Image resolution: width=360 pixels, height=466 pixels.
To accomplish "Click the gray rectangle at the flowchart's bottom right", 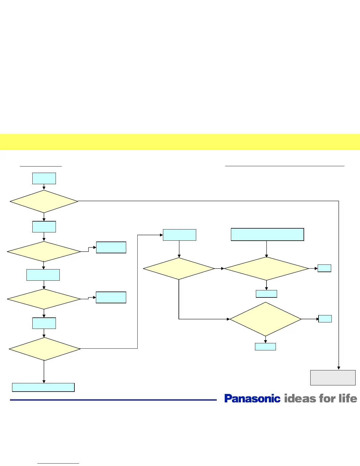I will (333, 377).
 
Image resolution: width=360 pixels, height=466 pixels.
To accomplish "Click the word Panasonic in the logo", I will (252, 398).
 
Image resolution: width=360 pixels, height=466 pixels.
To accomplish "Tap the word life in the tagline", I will (348, 398).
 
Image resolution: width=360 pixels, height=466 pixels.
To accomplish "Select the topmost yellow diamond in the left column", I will (44, 202).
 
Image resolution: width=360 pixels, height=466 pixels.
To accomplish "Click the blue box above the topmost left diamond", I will (44, 178).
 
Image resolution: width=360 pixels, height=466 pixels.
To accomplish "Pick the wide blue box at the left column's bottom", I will (43, 387).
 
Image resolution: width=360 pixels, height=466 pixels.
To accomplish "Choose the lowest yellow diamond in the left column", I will (44, 349).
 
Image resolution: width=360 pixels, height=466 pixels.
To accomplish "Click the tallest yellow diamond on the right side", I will (265, 319).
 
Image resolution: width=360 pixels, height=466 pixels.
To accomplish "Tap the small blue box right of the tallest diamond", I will (325, 319).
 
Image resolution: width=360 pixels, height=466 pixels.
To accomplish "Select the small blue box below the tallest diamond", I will (265, 347).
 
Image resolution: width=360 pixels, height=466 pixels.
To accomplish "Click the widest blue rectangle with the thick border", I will (267, 234).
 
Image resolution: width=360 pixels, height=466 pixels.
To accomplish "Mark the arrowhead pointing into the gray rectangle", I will (339, 368).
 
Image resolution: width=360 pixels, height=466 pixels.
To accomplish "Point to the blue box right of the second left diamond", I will (111, 247).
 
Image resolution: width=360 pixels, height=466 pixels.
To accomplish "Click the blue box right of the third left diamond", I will (111, 297).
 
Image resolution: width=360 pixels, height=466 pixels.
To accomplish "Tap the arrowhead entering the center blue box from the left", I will (161, 235).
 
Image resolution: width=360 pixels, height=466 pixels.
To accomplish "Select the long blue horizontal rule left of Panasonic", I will (113, 400).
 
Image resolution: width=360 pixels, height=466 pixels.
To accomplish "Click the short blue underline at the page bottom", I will (58, 463).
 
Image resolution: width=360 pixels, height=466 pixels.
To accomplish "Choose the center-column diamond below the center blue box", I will (179, 269).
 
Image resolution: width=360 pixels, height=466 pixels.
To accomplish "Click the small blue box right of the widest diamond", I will (324, 268).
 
